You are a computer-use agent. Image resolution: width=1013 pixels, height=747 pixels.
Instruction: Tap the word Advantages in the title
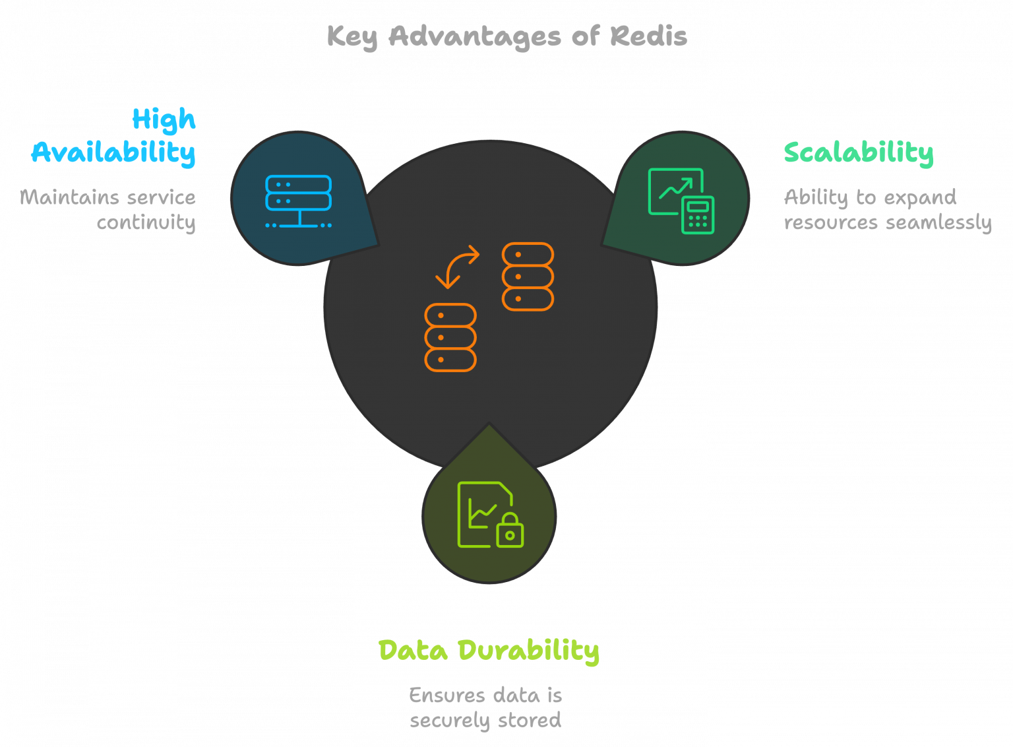474,36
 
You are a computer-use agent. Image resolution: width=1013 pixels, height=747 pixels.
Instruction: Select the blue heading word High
164,120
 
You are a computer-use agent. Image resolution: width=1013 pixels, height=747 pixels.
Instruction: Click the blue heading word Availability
113,152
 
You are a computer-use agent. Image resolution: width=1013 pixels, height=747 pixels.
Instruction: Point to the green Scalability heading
858,152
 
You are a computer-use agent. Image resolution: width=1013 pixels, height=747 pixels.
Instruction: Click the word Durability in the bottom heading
529,651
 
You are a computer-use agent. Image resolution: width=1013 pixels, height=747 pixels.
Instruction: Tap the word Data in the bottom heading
413,651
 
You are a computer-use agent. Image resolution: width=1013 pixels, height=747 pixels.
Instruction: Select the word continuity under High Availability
146,222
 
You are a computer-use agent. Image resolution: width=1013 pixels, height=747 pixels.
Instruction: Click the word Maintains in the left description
60,197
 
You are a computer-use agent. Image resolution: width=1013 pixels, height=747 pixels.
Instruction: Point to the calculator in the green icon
697,215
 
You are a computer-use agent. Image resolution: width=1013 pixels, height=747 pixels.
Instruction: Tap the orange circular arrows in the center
457,267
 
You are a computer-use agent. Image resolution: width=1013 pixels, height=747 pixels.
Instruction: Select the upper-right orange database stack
528,276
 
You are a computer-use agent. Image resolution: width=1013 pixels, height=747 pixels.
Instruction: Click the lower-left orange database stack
450,337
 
